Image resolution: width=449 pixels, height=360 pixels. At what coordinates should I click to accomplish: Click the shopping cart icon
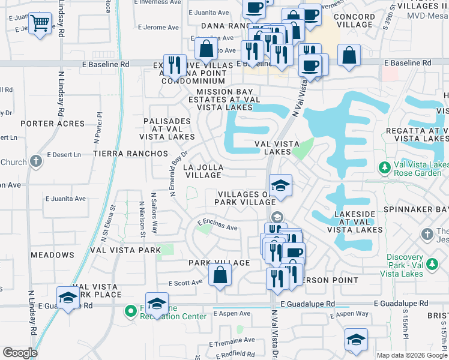(x=40, y=23)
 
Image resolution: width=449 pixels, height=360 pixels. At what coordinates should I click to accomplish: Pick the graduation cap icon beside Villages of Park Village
(x=280, y=186)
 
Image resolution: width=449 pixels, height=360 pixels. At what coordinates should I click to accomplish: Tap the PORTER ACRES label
(x=52, y=124)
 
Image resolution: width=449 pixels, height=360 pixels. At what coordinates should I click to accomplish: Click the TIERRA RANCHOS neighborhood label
(x=130, y=154)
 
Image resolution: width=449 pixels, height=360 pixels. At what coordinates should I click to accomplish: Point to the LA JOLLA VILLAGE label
(x=203, y=172)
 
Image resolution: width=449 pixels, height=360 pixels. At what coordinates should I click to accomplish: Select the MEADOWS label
(x=52, y=255)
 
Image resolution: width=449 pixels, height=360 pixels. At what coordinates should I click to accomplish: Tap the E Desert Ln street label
(x=64, y=155)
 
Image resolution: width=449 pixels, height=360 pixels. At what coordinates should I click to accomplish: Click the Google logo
(x=20, y=353)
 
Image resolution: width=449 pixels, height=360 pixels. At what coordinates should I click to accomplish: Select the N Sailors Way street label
(x=154, y=213)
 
